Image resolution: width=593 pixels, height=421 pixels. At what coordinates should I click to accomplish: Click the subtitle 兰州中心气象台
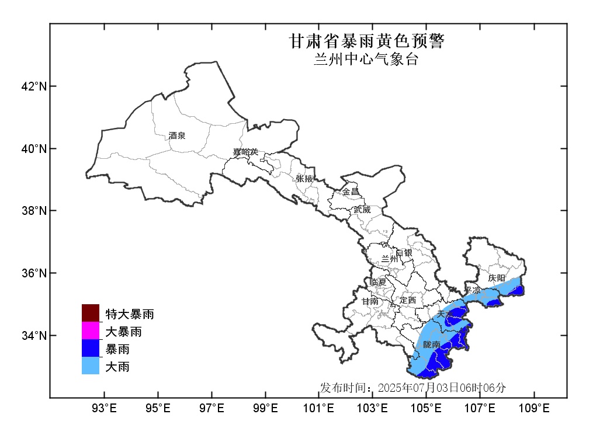[366, 60]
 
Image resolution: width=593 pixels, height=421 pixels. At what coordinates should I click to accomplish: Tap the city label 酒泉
[177, 135]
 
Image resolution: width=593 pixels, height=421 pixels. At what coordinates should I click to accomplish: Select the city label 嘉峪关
[245, 152]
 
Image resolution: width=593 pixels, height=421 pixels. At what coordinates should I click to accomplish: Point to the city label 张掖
[304, 179]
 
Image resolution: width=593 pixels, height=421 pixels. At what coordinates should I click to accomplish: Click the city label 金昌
[351, 192]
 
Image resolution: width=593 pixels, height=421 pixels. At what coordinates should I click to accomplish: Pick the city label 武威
[362, 209]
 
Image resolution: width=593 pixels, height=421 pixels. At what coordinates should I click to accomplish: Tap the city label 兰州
[389, 258]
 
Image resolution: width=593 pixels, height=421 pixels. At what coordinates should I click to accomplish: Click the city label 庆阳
[497, 278]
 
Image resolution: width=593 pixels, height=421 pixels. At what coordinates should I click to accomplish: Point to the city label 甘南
[369, 302]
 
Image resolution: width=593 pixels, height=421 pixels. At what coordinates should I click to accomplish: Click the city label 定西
[407, 300]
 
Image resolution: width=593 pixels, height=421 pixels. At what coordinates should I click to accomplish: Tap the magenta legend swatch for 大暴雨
[91, 331]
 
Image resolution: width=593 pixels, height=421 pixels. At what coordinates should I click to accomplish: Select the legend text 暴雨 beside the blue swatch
[117, 349]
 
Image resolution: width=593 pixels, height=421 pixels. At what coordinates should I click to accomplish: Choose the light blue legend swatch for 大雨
[91, 366]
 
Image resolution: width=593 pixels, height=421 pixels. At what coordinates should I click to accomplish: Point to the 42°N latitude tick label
[33, 86]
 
